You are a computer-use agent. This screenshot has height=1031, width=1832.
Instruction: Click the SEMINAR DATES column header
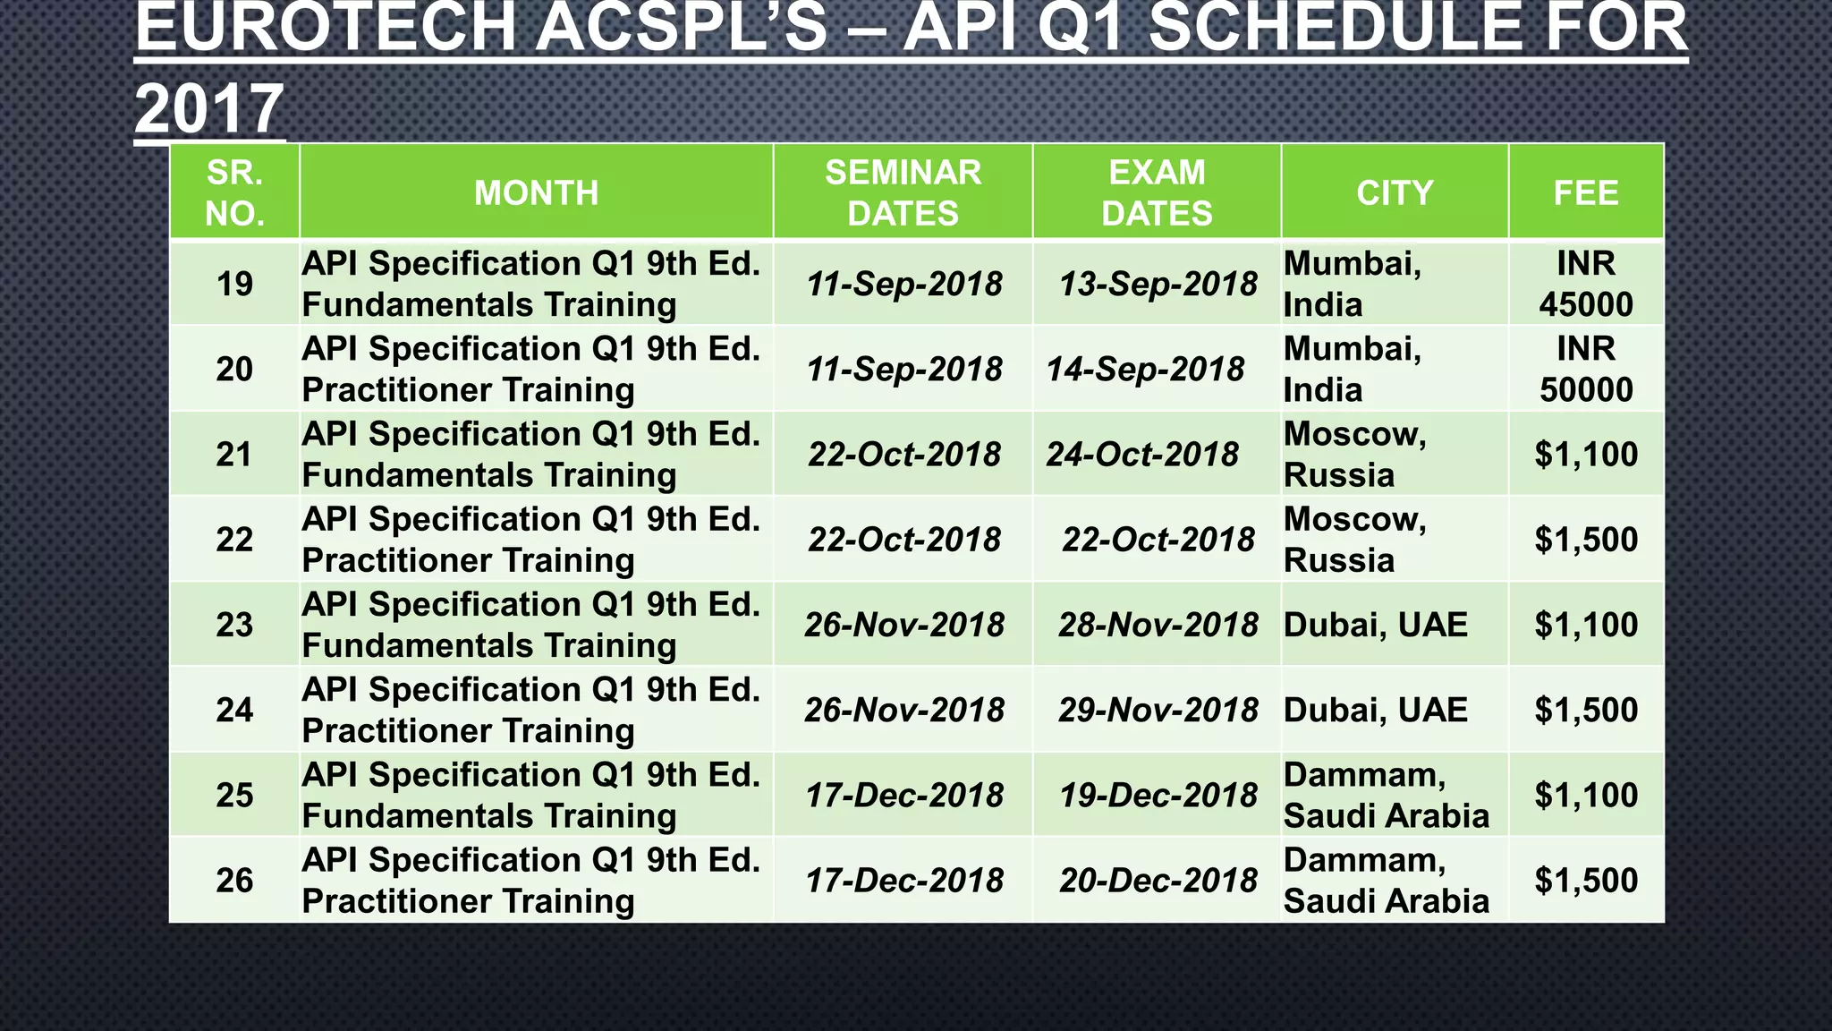tap(903, 192)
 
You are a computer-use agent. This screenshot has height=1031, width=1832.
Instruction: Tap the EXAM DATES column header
tap(1157, 192)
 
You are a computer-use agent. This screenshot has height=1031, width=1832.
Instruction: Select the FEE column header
tap(1586, 192)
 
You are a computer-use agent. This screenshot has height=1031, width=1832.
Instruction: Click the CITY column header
tap(1395, 192)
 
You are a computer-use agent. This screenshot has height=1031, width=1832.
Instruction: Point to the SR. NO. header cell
tap(234, 192)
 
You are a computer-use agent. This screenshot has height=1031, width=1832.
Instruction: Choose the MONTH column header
tap(536, 192)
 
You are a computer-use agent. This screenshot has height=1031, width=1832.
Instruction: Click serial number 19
tap(234, 284)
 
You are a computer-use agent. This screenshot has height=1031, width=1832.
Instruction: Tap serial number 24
tap(234, 710)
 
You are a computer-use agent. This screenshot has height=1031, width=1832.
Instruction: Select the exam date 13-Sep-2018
tap(1158, 284)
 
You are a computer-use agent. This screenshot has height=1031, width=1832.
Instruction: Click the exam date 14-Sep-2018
tap(1145, 369)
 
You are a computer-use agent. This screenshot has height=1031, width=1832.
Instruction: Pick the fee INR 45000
tap(1586, 284)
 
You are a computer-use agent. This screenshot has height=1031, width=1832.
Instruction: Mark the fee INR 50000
tap(1586, 369)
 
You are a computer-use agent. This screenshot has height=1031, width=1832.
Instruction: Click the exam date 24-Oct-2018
tap(1142, 454)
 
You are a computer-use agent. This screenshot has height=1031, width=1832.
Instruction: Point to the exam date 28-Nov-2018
tap(1158, 625)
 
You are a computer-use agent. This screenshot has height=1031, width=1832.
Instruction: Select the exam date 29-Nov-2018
tap(1158, 710)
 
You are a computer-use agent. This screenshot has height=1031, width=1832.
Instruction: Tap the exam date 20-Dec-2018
tap(1158, 880)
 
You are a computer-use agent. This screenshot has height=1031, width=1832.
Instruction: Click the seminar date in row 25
tap(904, 795)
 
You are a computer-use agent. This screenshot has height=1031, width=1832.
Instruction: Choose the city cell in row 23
tap(1376, 625)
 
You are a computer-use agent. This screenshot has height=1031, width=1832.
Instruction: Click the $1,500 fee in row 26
tap(1586, 880)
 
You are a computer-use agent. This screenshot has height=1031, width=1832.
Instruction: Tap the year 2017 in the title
tap(209, 107)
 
